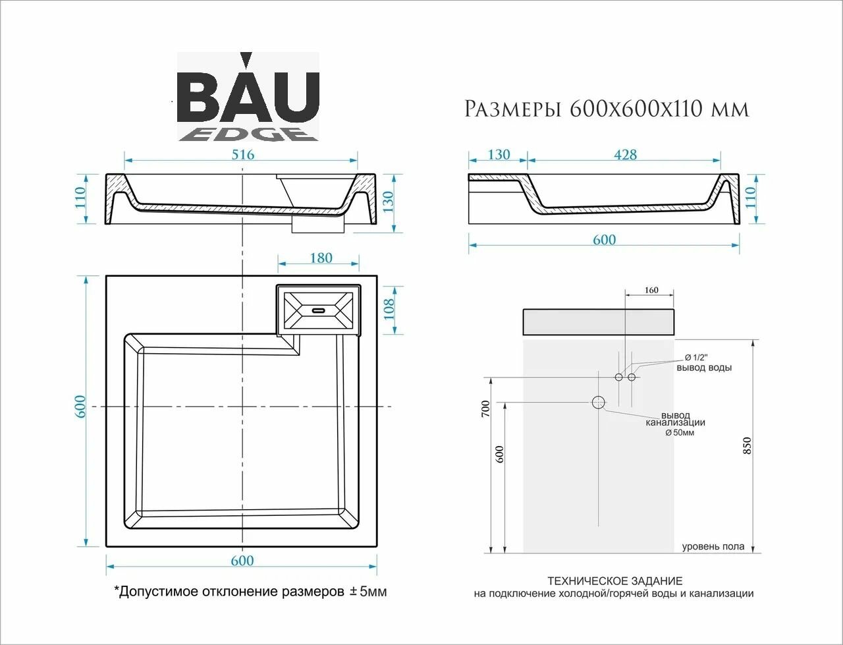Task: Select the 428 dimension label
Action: point(624,155)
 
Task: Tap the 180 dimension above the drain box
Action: point(321,258)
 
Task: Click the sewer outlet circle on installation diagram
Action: point(599,403)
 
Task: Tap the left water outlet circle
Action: point(618,377)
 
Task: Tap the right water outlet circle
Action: point(632,377)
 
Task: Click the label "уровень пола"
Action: point(713,546)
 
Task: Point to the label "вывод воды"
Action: point(704,368)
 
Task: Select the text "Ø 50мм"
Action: point(680,433)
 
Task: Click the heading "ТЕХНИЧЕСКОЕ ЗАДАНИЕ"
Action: point(614,581)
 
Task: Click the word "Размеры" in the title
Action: point(509,109)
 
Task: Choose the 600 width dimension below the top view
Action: point(242,561)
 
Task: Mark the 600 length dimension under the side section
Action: point(604,240)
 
